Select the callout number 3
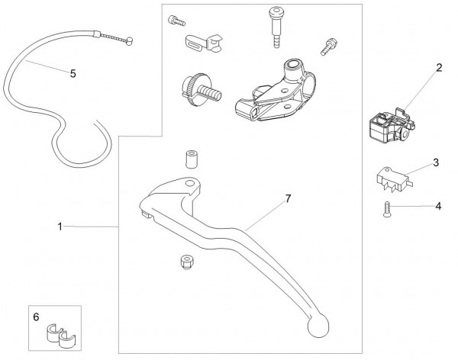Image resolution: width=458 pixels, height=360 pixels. tap(435, 162)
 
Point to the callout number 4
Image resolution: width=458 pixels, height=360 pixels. tap(438, 205)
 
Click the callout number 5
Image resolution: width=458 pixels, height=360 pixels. tap(73, 74)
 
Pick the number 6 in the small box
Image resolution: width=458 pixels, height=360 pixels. tap(35, 315)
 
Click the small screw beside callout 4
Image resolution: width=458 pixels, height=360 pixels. tap(388, 210)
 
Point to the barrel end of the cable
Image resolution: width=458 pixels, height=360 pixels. tap(131, 43)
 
